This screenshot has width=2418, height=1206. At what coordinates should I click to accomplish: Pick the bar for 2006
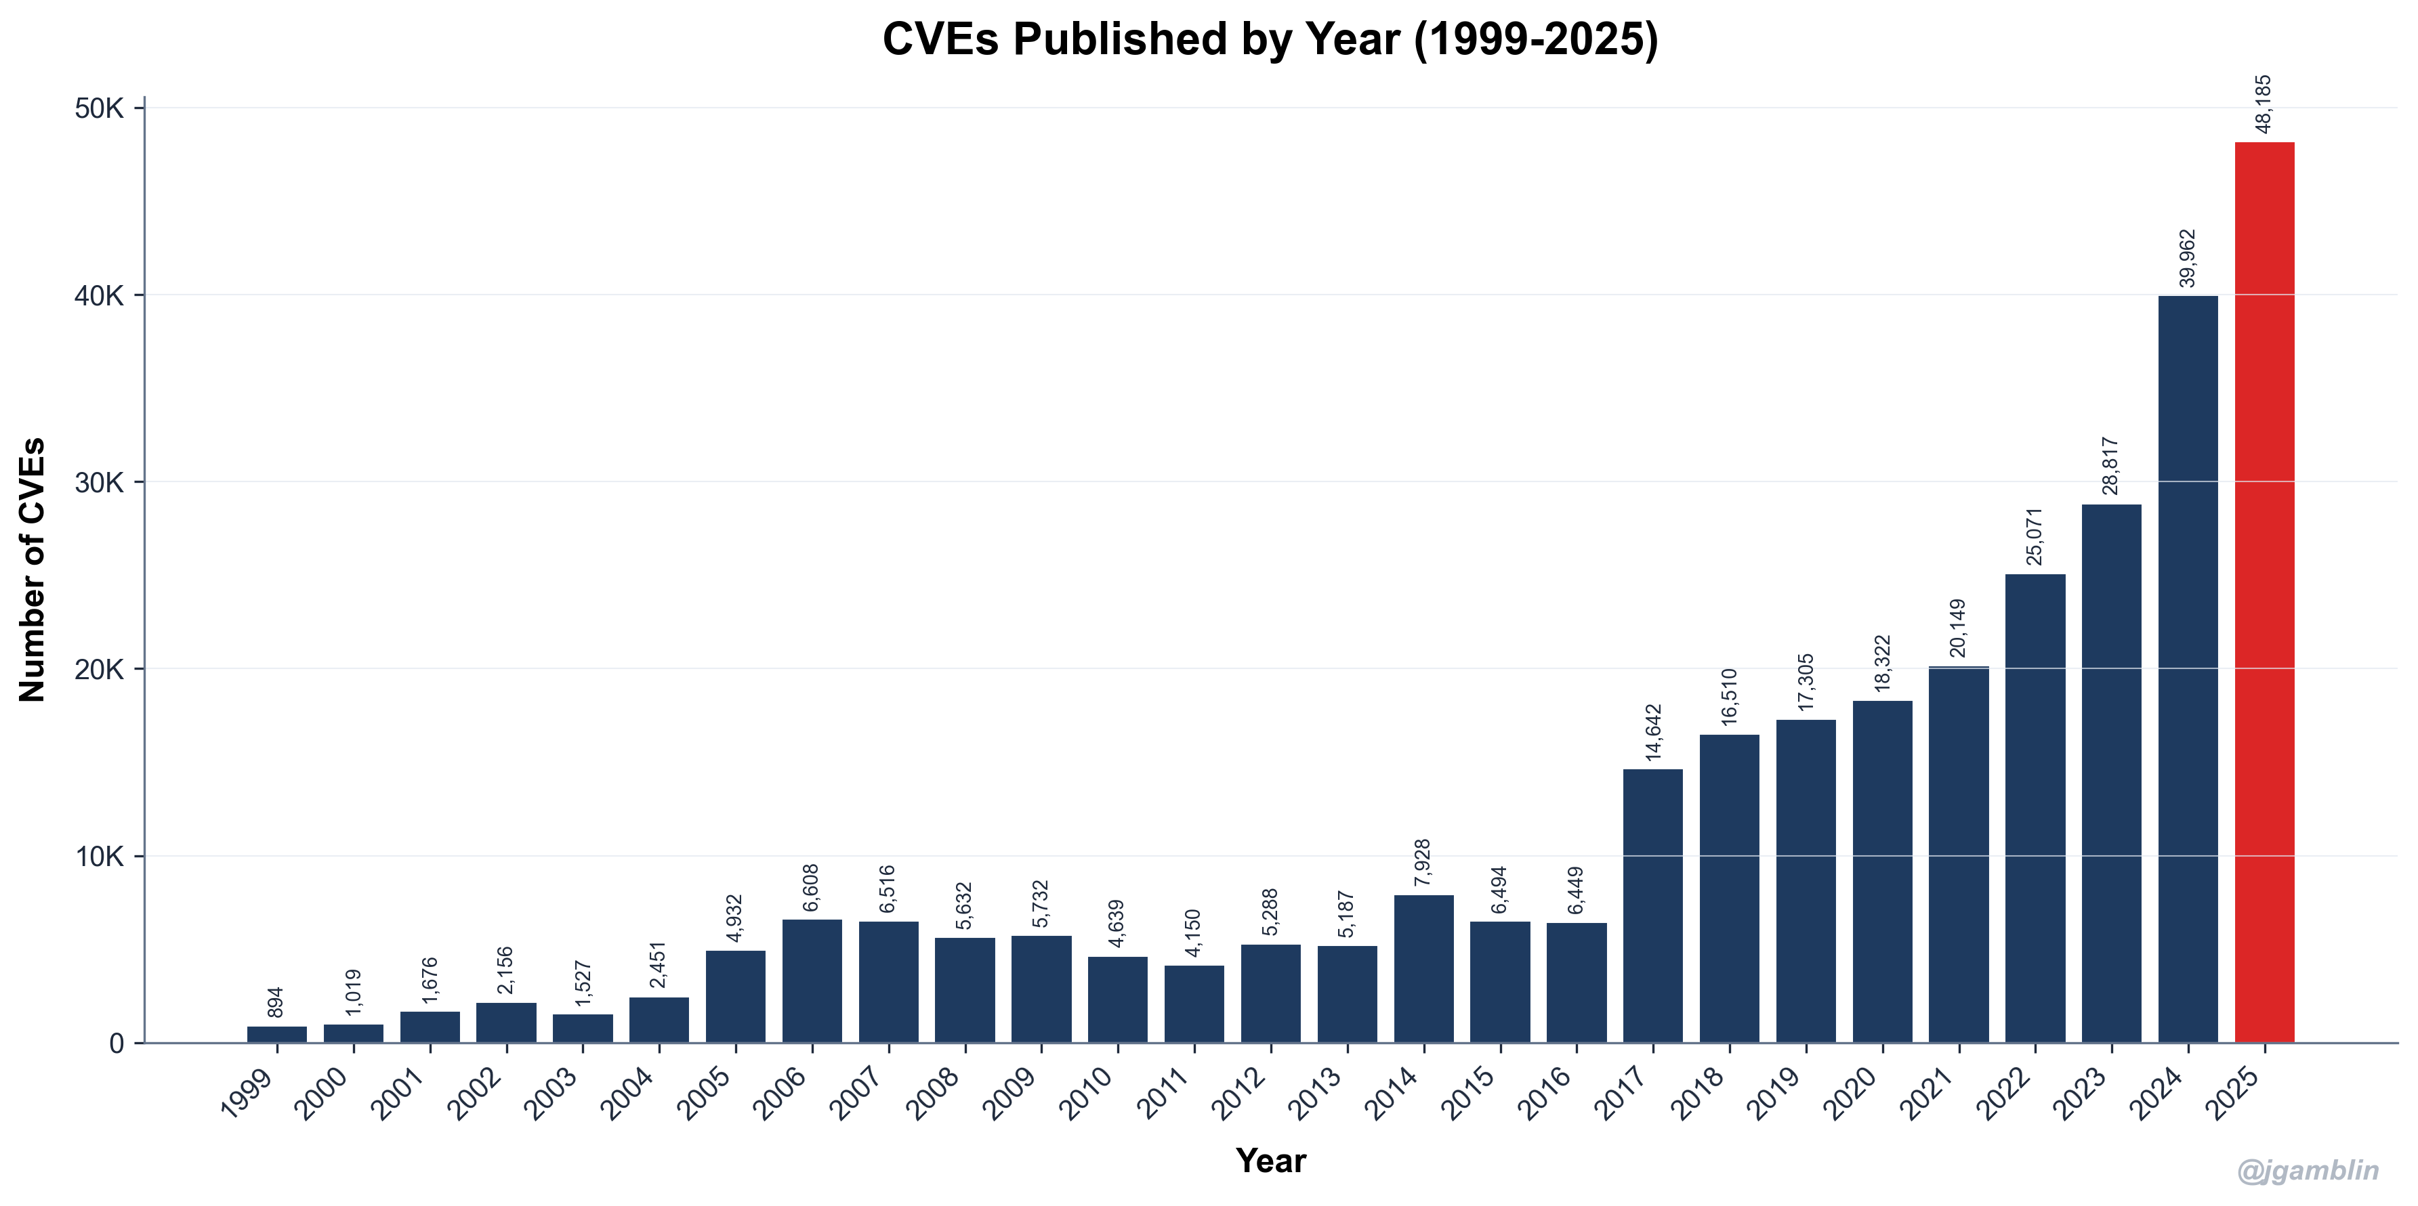tap(812, 980)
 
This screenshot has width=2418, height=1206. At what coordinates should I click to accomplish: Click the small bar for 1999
tap(277, 1033)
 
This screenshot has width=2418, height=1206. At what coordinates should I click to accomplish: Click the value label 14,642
tap(1653, 731)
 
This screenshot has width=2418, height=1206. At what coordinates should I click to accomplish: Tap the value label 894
tap(276, 1002)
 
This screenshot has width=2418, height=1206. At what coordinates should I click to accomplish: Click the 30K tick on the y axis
tap(100, 482)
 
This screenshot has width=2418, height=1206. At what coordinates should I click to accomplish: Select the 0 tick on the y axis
tap(117, 1043)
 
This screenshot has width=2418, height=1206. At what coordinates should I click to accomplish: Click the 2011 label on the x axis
tap(1164, 1094)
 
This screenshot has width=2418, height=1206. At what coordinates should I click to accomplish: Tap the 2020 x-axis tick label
tap(1852, 1094)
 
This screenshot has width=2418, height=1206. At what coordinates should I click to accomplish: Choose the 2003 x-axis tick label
tap(553, 1094)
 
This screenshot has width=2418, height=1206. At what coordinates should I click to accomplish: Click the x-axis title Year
tap(1270, 1161)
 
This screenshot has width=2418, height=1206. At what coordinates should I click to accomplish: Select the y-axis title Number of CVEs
tap(33, 569)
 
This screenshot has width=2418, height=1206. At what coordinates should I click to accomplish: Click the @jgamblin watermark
tap(2308, 1170)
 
